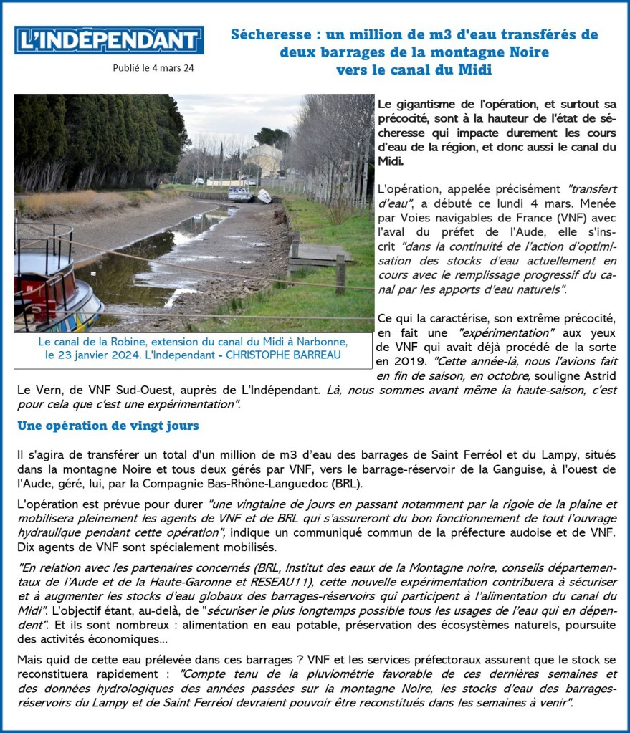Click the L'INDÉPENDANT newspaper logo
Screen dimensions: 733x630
pyautogui.click(x=109, y=40)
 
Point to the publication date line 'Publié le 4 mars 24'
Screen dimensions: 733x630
pyautogui.click(x=153, y=69)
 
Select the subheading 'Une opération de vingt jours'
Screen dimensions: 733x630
pyautogui.click(x=108, y=426)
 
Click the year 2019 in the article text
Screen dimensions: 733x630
pyautogui.click(x=393, y=361)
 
